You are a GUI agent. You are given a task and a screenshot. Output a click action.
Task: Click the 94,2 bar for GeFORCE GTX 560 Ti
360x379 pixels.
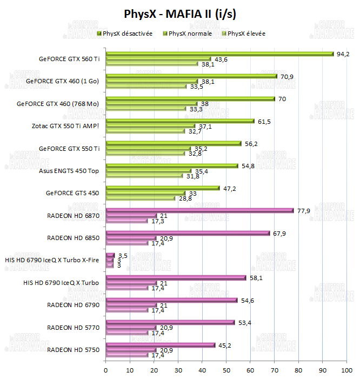[x=219, y=54]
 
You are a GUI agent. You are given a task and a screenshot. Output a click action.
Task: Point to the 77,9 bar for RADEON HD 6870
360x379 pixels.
[x=199, y=210]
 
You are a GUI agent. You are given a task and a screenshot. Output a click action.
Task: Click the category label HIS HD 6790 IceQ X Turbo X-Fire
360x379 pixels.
[x=52, y=260]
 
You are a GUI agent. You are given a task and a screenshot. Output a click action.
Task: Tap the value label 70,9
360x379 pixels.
[x=286, y=77]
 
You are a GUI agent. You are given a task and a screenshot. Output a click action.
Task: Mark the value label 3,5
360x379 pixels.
[x=122, y=255]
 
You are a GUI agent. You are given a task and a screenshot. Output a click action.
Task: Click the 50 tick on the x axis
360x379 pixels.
[x=226, y=370]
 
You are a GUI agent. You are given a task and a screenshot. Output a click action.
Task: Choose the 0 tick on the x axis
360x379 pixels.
[x=105, y=370]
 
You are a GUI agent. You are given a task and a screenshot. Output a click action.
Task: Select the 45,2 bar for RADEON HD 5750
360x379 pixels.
[x=160, y=345]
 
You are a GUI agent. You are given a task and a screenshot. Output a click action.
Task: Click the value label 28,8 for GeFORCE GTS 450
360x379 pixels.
[x=185, y=198]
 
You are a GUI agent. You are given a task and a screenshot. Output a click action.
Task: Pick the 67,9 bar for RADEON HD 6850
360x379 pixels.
[x=188, y=233]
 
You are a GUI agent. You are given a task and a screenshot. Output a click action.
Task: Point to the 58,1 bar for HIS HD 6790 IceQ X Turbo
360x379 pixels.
[x=176, y=278]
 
